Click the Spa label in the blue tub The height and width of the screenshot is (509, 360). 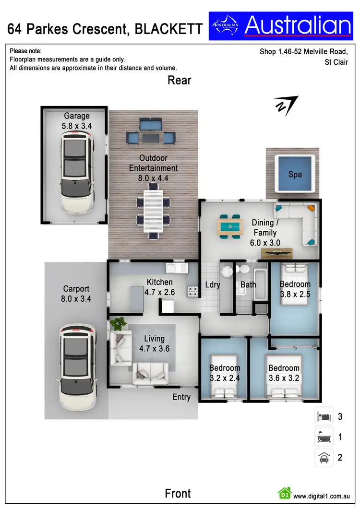coord(295,174)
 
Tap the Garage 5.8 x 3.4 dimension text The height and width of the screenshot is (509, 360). coord(77,121)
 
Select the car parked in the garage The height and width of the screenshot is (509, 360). coord(77,173)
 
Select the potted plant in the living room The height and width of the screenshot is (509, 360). coord(117,323)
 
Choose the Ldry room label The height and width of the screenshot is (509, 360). coord(212,285)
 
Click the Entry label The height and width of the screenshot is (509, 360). coord(181,397)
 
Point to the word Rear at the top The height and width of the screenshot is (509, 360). coord(179,80)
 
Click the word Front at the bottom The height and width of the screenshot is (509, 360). coord(178,493)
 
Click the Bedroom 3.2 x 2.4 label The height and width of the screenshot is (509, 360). coord(225,373)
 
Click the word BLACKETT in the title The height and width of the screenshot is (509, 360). coord(168,30)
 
